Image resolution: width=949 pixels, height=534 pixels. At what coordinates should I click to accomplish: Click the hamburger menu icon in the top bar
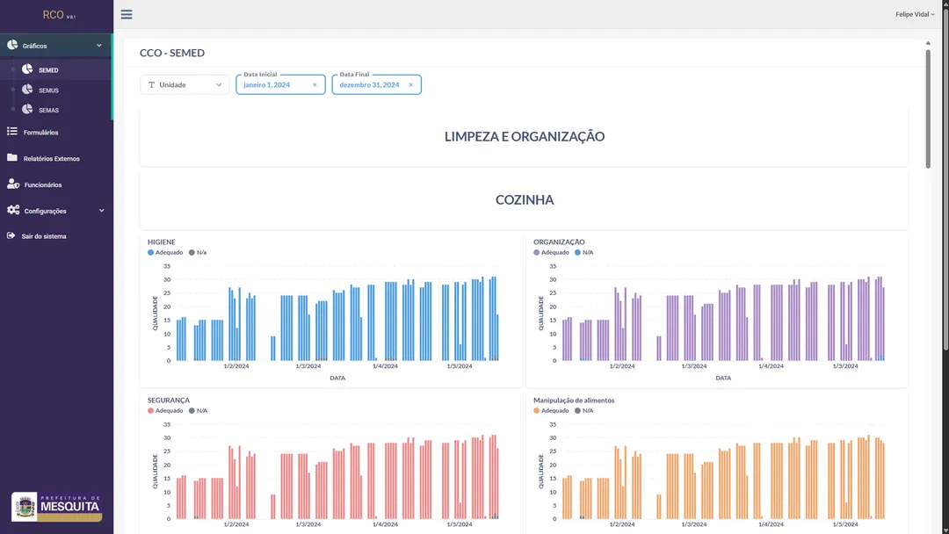[x=127, y=15]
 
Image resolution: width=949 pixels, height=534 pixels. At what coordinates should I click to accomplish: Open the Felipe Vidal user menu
[x=916, y=15]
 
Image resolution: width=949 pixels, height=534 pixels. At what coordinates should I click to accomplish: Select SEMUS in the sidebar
[x=48, y=90]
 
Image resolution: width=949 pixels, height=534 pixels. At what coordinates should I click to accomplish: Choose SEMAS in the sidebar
[x=48, y=111]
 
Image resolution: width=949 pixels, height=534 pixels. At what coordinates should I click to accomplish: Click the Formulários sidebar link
[x=40, y=133]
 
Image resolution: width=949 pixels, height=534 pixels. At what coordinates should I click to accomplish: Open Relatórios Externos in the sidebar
[x=51, y=159]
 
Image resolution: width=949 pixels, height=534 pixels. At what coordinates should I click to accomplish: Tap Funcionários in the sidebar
[x=42, y=185]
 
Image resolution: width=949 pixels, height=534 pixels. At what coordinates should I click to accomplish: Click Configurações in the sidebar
[x=45, y=211]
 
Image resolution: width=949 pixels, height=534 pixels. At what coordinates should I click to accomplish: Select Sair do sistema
[x=43, y=236]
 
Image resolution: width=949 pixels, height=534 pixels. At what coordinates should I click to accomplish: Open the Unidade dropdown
[x=185, y=85]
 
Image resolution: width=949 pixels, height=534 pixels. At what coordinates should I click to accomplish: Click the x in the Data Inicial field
[x=315, y=85]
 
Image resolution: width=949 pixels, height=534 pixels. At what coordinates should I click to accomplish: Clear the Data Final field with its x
[x=410, y=85]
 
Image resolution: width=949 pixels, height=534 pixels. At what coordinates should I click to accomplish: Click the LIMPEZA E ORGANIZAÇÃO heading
[x=524, y=137]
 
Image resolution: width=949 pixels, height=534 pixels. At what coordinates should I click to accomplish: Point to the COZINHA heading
[x=524, y=200]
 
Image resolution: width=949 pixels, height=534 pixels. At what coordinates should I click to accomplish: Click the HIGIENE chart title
[x=162, y=242]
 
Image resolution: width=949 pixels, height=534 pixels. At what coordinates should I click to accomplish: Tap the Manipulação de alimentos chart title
[x=574, y=400]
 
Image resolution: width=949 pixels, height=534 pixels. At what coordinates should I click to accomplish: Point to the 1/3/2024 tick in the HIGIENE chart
[x=308, y=366]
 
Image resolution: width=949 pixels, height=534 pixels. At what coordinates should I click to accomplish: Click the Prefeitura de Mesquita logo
[x=57, y=506]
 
